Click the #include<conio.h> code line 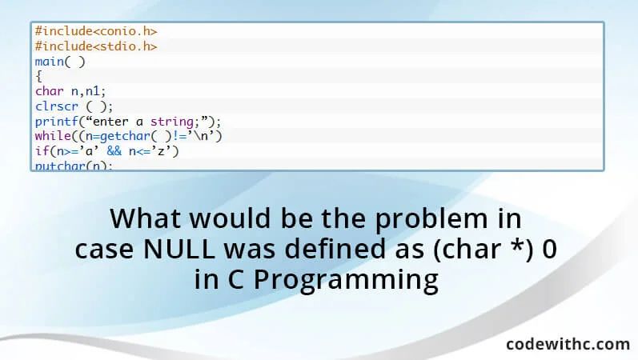[95, 31]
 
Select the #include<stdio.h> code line [95, 46]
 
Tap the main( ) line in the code [60, 62]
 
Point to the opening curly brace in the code [38, 77]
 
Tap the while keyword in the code [51, 136]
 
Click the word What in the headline [146, 218]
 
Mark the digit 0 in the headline [549, 250]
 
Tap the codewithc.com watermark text [568, 344]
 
